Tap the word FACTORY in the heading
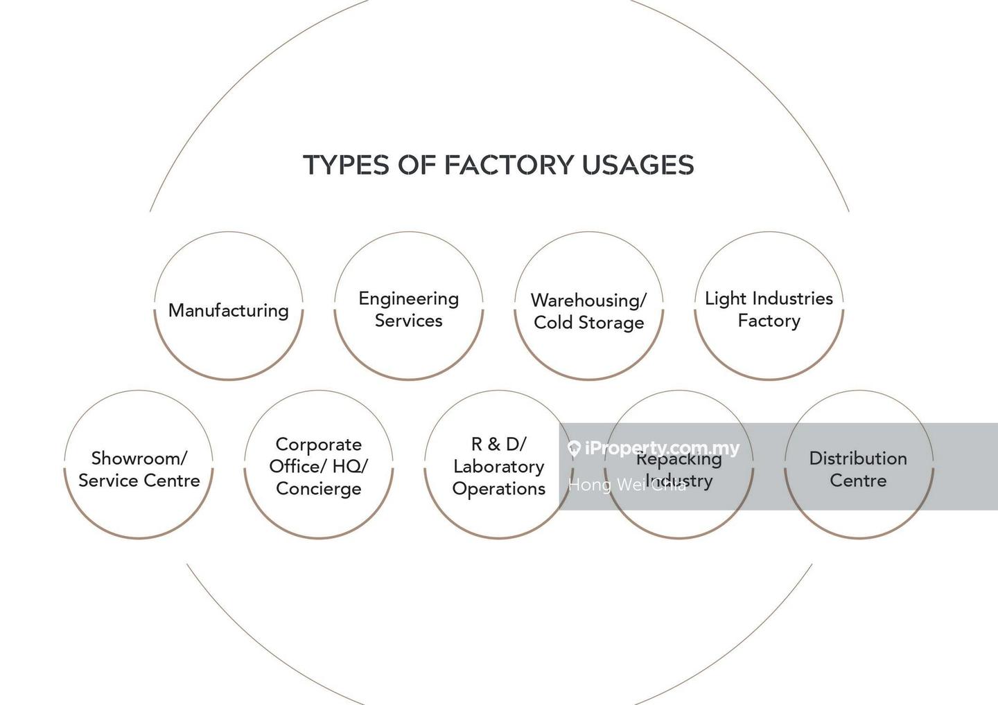[x=509, y=165]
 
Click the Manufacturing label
[x=229, y=310]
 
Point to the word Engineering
[x=408, y=298]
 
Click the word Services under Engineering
[x=408, y=321]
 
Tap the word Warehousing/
[x=588, y=301]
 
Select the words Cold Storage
[x=588, y=323]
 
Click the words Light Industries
[x=769, y=298]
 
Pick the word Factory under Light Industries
[x=769, y=321]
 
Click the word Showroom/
[x=139, y=458]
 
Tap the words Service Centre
[x=139, y=481]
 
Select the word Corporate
[x=318, y=445]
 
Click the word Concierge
[x=318, y=489]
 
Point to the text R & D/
[x=498, y=445]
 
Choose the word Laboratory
[x=498, y=467]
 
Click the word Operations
[x=498, y=489]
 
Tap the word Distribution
[x=858, y=458]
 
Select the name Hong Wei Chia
[x=627, y=485]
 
